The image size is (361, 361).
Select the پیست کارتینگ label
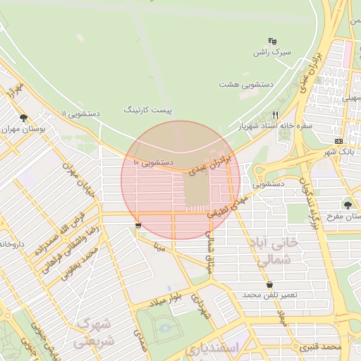148,110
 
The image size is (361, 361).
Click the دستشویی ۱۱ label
81,113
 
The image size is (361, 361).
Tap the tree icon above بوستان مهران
24,118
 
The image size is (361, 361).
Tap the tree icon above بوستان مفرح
348,204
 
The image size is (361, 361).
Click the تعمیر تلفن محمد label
268,294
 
